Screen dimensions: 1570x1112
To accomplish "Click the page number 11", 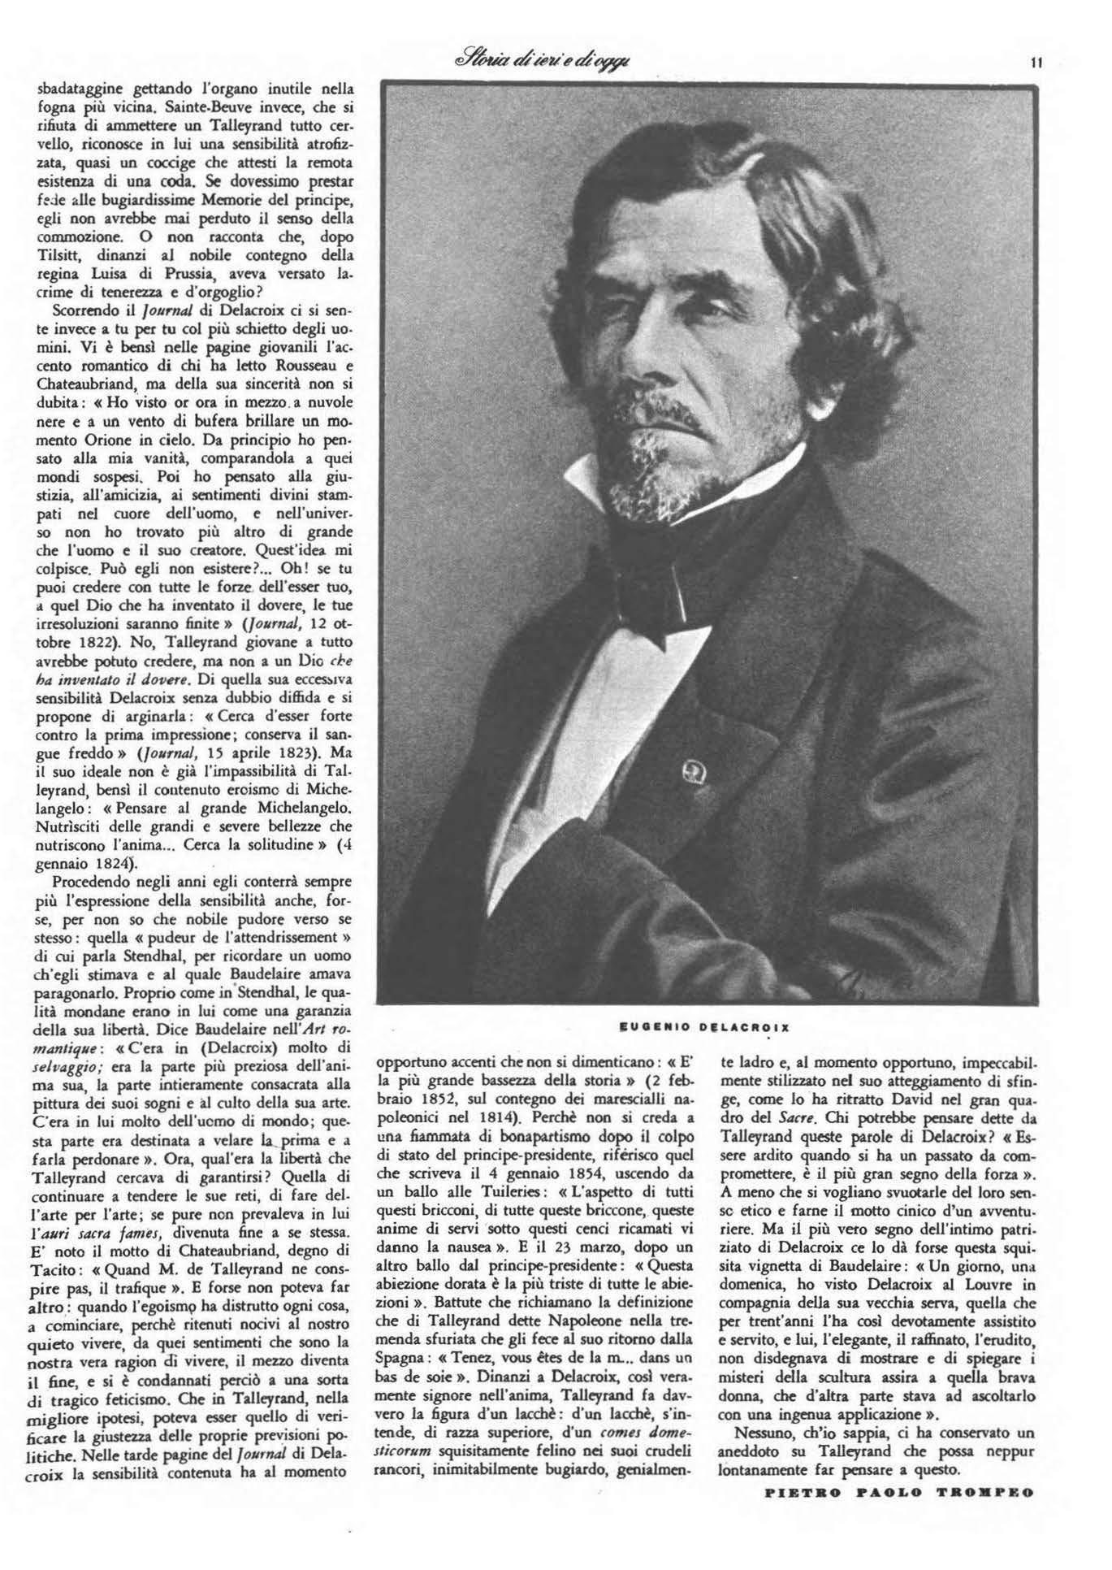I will tap(1036, 62).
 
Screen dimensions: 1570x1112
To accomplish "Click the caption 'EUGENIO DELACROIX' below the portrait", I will tap(704, 1026).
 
